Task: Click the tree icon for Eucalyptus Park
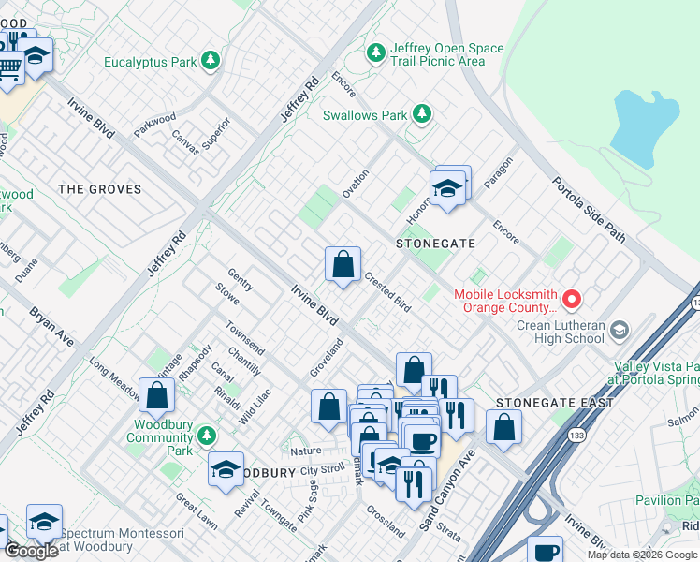click(211, 62)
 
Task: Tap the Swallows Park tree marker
click(422, 114)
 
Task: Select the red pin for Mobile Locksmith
click(571, 300)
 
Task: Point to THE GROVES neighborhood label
click(100, 189)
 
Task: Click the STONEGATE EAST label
click(554, 403)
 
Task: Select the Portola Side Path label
click(587, 209)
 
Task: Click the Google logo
click(31, 551)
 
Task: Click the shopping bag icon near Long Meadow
click(156, 394)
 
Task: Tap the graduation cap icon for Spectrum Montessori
click(43, 522)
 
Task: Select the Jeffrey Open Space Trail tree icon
click(376, 53)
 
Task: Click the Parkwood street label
click(154, 125)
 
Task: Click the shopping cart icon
click(9, 67)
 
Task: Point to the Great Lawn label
click(197, 510)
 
